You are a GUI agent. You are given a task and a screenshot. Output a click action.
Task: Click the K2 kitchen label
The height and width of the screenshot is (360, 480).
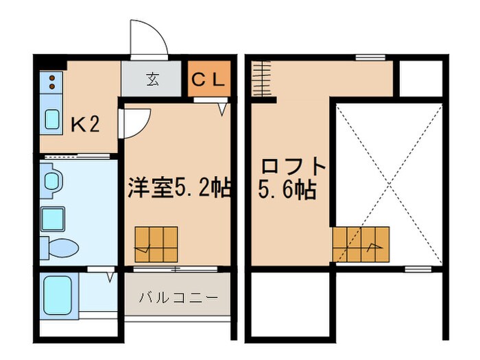(x=86, y=124)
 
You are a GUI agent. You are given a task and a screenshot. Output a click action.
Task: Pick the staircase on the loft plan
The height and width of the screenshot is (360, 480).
(x=361, y=243)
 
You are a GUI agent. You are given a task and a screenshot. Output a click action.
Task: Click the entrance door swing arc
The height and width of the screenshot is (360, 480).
(x=148, y=38)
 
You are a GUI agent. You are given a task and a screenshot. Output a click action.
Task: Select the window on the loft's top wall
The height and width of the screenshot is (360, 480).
(x=370, y=57)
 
